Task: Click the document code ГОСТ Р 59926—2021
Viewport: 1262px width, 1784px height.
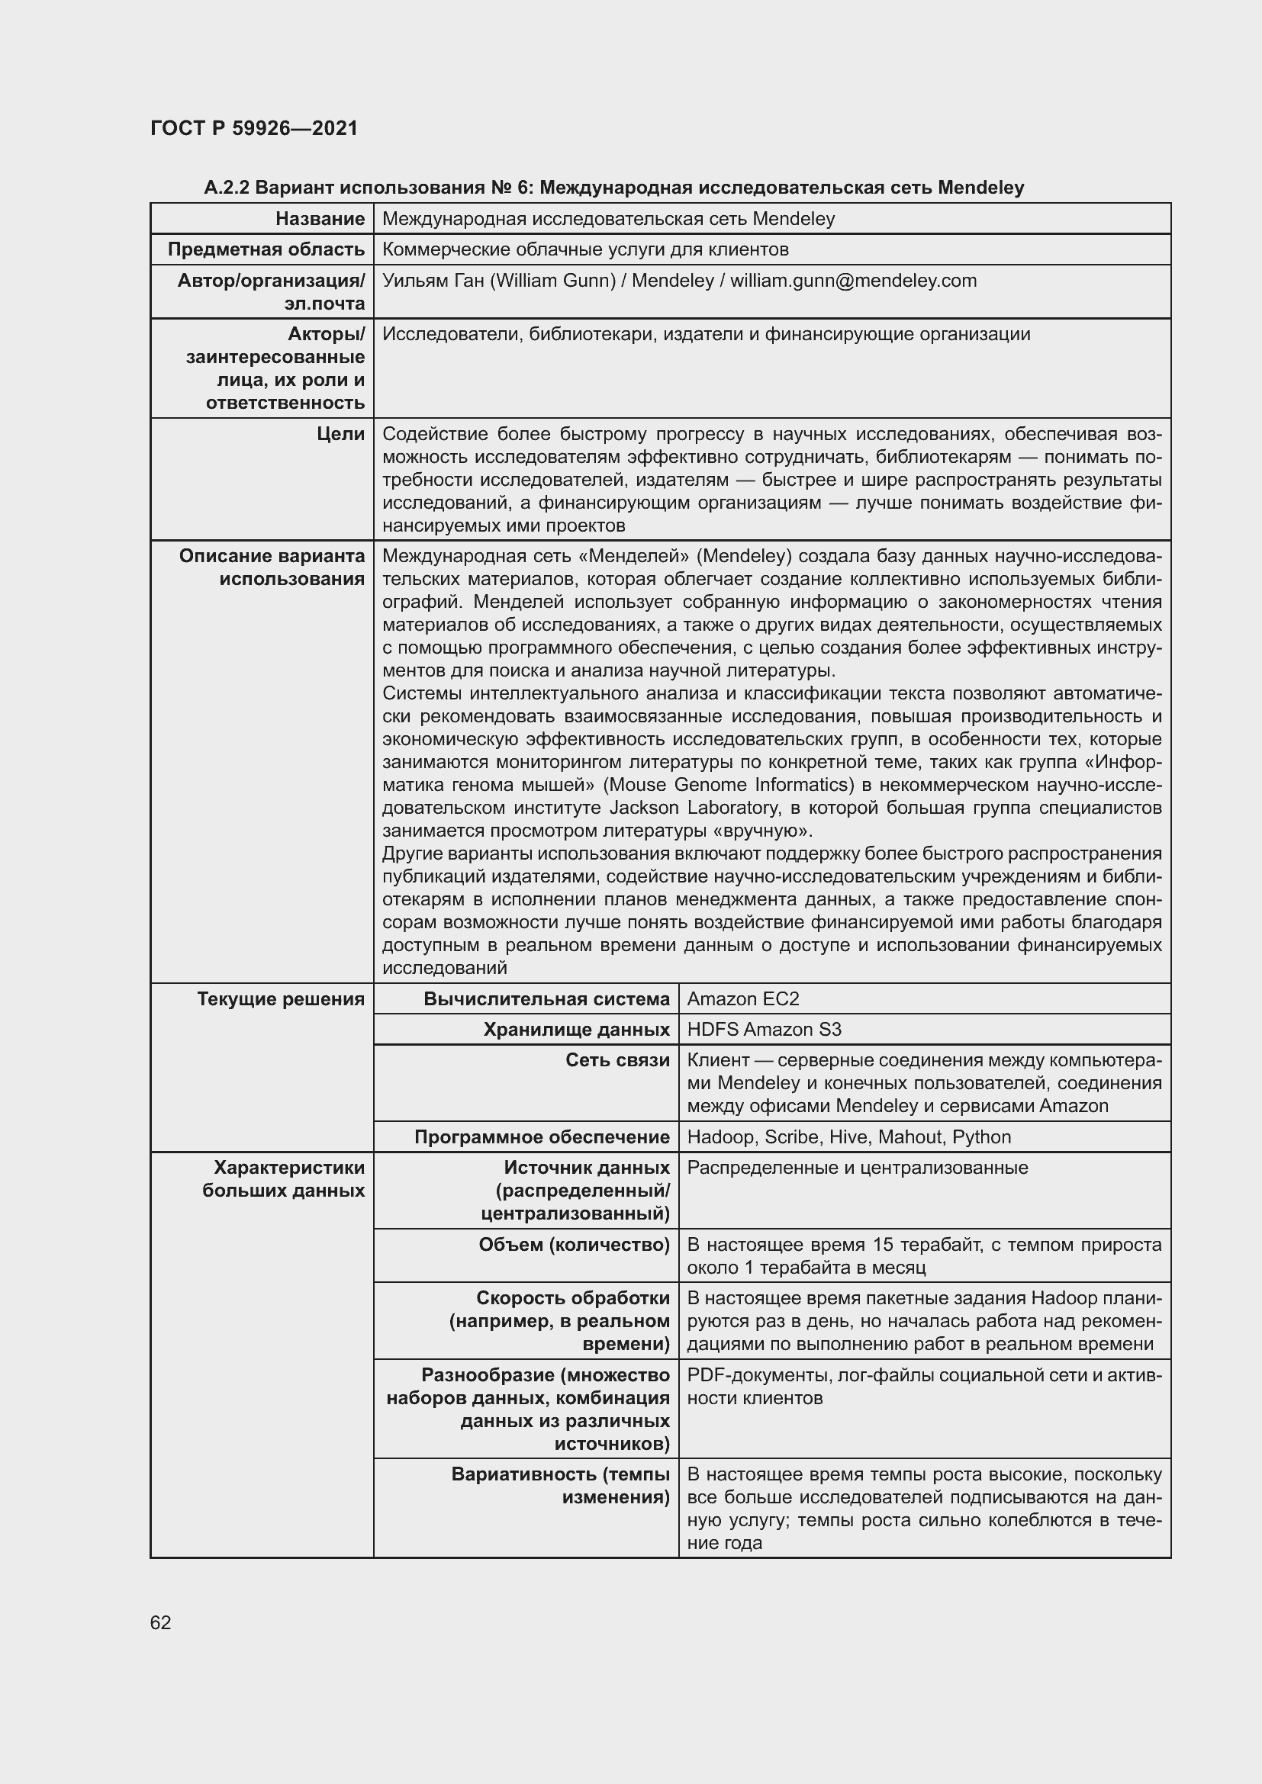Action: (254, 128)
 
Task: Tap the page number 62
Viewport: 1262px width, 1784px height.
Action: (161, 1622)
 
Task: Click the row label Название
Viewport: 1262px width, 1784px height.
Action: (320, 219)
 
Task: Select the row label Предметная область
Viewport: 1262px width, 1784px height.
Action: (266, 249)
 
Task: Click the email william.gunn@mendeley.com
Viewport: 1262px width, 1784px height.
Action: (853, 281)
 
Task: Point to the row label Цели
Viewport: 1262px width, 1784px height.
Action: (340, 434)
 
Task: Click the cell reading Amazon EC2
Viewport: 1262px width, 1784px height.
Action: (742, 999)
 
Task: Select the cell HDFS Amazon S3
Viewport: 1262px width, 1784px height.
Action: (763, 1030)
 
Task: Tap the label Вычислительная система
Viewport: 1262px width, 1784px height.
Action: (546, 999)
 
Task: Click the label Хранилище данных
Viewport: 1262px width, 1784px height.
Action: (576, 1030)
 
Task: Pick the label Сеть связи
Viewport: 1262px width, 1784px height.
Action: (617, 1061)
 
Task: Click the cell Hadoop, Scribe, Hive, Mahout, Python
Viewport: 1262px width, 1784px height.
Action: (848, 1137)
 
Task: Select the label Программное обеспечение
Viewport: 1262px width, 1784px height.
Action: (542, 1137)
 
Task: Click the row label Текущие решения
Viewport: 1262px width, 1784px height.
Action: (281, 999)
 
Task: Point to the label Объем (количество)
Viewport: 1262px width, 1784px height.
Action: (574, 1245)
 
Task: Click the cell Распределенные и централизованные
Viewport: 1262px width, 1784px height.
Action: (857, 1168)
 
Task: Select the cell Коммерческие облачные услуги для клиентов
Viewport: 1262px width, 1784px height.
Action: (585, 249)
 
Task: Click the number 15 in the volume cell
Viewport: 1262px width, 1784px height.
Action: (883, 1245)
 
